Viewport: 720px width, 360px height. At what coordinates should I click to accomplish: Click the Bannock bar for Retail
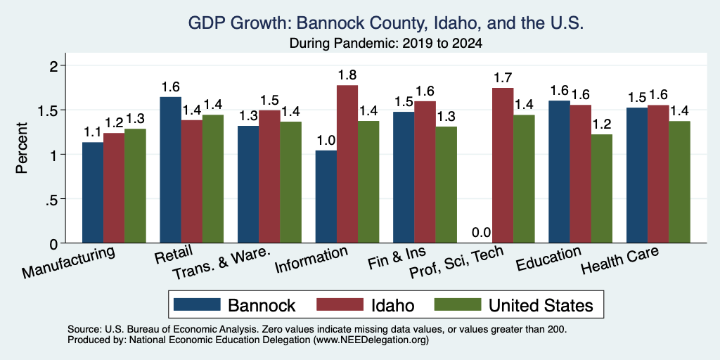pos(170,170)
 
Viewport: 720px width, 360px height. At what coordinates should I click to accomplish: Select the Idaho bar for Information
pos(347,164)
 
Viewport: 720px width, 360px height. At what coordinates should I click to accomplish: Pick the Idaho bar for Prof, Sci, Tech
pos(503,165)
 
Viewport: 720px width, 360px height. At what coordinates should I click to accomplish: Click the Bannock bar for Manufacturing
pos(93,193)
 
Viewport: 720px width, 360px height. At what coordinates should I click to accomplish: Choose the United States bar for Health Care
pos(680,182)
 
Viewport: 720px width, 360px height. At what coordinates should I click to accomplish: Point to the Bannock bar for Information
pos(326,197)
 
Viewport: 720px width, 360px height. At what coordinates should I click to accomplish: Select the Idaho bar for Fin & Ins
pos(425,172)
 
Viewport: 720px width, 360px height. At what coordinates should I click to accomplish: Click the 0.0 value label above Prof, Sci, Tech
pos(482,233)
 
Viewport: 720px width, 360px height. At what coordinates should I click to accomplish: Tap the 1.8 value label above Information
pos(347,75)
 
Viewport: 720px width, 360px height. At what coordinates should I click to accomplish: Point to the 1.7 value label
pos(503,77)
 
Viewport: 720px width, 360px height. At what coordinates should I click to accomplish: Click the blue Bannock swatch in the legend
pos(197,304)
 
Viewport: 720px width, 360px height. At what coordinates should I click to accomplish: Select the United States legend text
pos(541,305)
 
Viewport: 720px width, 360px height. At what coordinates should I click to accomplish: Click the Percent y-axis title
pos(22,148)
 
